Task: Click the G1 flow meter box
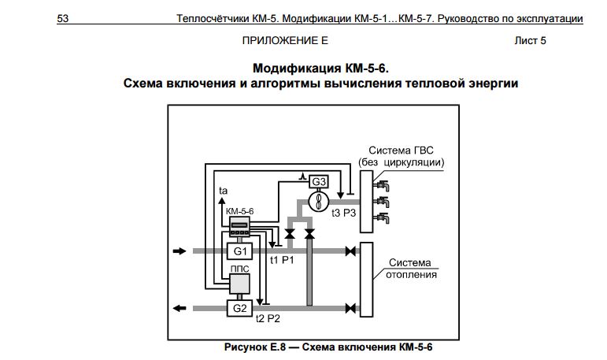pyautogui.click(x=239, y=251)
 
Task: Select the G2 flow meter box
pyautogui.click(x=239, y=308)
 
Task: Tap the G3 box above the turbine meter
pyautogui.click(x=319, y=181)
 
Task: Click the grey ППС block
pyautogui.click(x=239, y=284)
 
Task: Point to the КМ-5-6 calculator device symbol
pyautogui.click(x=239, y=227)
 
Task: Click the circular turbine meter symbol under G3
pyautogui.click(x=319, y=201)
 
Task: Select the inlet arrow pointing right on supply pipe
pyautogui.click(x=180, y=251)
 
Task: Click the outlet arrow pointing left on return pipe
pyautogui.click(x=180, y=309)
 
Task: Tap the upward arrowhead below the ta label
pyautogui.click(x=222, y=201)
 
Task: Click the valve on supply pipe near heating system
pyautogui.click(x=350, y=251)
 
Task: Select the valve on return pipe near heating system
pyautogui.click(x=350, y=309)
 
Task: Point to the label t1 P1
pyautogui.click(x=282, y=260)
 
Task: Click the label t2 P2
pyautogui.click(x=268, y=319)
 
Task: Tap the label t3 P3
pyautogui.click(x=344, y=213)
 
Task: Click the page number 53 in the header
pyautogui.click(x=63, y=18)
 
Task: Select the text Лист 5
pyautogui.click(x=530, y=40)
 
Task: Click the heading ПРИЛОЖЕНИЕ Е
pyautogui.click(x=285, y=40)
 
